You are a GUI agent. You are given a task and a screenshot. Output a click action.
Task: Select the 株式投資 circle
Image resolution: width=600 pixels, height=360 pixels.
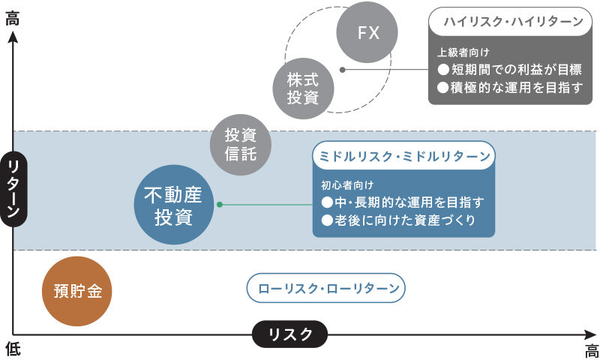[303, 87]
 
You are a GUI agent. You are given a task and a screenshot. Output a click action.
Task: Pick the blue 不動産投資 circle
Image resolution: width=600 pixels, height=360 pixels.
[174, 206]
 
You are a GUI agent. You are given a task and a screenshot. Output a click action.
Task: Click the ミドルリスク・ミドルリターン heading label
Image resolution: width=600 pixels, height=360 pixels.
[403, 156]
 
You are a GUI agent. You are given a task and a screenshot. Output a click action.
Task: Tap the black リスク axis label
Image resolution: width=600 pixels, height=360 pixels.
[289, 334]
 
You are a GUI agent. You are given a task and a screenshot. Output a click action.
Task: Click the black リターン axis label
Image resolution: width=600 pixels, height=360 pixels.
[13, 188]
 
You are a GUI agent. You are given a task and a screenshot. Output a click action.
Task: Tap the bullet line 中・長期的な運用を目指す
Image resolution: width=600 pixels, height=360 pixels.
[403, 202]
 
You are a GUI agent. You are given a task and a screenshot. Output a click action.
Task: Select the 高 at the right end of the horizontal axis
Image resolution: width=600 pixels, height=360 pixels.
[591, 350]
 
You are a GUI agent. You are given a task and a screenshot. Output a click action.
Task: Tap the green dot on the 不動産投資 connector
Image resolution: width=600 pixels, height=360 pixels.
[219, 204]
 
